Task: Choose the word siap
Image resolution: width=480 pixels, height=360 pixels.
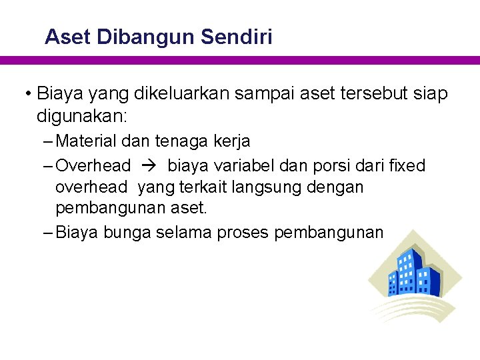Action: click(430, 93)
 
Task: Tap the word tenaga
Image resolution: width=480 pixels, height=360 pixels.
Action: click(181, 142)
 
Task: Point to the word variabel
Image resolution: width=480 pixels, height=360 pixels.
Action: click(249, 165)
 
